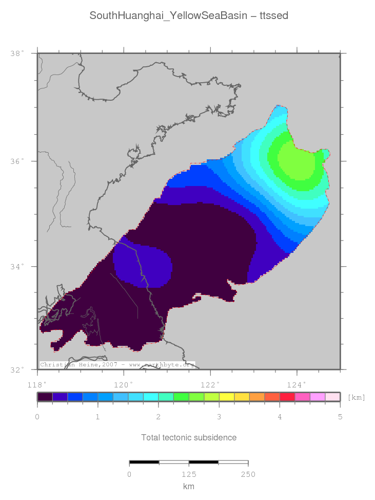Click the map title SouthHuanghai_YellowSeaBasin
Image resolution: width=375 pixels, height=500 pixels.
coord(189,16)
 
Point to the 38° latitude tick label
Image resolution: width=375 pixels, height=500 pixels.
coord(17,53)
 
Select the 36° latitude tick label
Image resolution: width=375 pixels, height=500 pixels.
coord(17,161)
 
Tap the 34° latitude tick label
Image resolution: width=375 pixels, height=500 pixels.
coord(17,267)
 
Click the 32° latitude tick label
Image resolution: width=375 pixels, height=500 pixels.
coord(17,369)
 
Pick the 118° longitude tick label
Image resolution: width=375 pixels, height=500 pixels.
coord(37,384)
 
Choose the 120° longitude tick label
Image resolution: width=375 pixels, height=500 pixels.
coord(123,384)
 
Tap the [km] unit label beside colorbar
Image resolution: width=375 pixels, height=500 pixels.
coord(356,397)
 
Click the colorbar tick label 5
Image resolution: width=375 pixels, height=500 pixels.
coord(340,417)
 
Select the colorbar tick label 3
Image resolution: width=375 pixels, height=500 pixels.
coord(219,417)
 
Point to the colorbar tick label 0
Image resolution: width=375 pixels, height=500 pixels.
coord(37,417)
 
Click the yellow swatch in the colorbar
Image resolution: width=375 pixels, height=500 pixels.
coord(227,397)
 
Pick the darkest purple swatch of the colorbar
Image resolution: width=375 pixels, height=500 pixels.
coord(45,397)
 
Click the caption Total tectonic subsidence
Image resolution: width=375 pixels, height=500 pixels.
coord(189,437)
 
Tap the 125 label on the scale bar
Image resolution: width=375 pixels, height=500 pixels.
coord(189,474)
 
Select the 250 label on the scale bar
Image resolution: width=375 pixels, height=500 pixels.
coord(248,474)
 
